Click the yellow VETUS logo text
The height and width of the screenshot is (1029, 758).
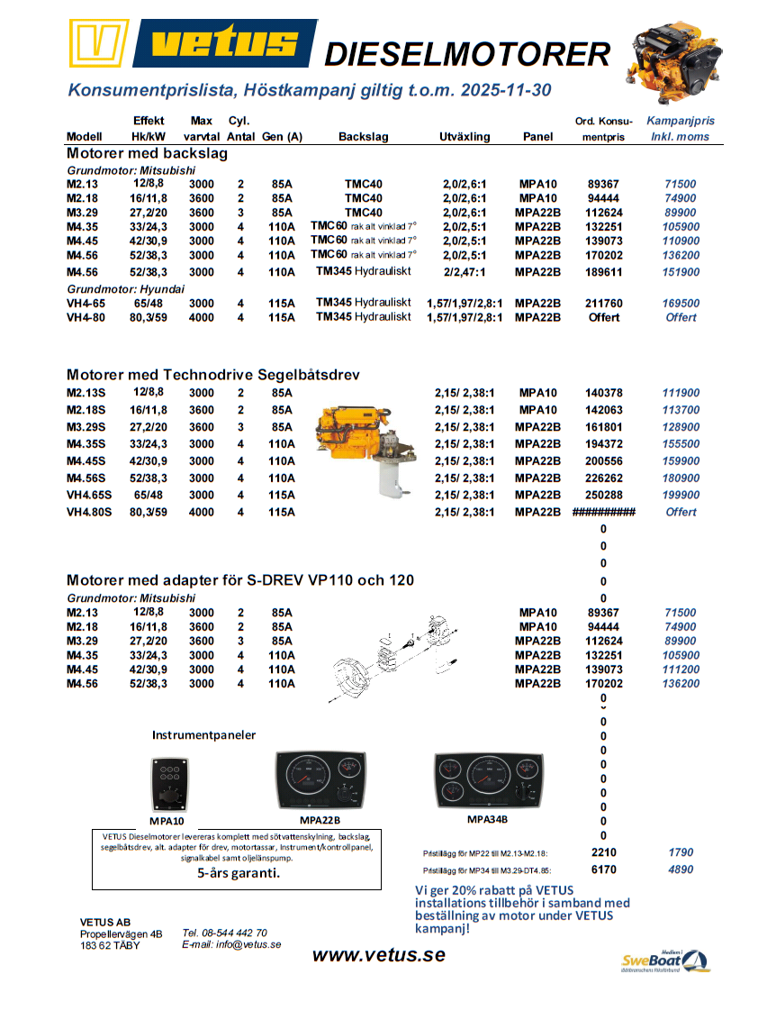tap(224, 42)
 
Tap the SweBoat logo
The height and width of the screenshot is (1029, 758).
tap(664, 961)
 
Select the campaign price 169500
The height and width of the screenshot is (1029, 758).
tap(681, 304)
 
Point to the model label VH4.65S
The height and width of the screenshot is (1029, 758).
tap(89, 495)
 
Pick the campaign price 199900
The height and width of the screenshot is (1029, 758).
tap(681, 495)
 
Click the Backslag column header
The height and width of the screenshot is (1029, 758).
tap(363, 137)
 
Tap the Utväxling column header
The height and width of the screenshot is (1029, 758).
tap(465, 137)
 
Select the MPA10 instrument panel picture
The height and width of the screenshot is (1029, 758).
tap(167, 783)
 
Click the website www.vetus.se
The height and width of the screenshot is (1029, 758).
tap(378, 955)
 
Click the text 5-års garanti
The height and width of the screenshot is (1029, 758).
tap(238, 873)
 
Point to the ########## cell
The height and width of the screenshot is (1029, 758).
tap(603, 512)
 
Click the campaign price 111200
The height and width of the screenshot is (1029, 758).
tap(681, 669)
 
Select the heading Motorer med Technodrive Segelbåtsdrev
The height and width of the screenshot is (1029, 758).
tap(213, 374)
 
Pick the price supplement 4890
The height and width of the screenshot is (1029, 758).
tap(681, 870)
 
